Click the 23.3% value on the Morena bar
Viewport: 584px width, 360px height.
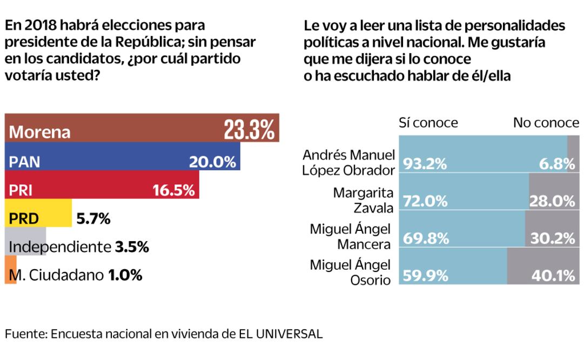coord(249,130)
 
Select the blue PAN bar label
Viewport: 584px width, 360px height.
coord(25,162)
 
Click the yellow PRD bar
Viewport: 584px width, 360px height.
coord(38,214)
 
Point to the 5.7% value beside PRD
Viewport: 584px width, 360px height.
coord(93,219)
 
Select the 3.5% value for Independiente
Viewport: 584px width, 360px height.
coord(132,248)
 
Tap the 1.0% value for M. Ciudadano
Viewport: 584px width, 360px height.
coord(125,276)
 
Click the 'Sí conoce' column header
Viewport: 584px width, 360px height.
coord(428,123)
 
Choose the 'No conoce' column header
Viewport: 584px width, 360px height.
coord(546,123)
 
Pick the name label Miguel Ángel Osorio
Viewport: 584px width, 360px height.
coord(350,273)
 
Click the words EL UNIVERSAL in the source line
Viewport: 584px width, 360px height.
coord(280,334)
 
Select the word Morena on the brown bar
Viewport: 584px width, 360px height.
coord(40,132)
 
